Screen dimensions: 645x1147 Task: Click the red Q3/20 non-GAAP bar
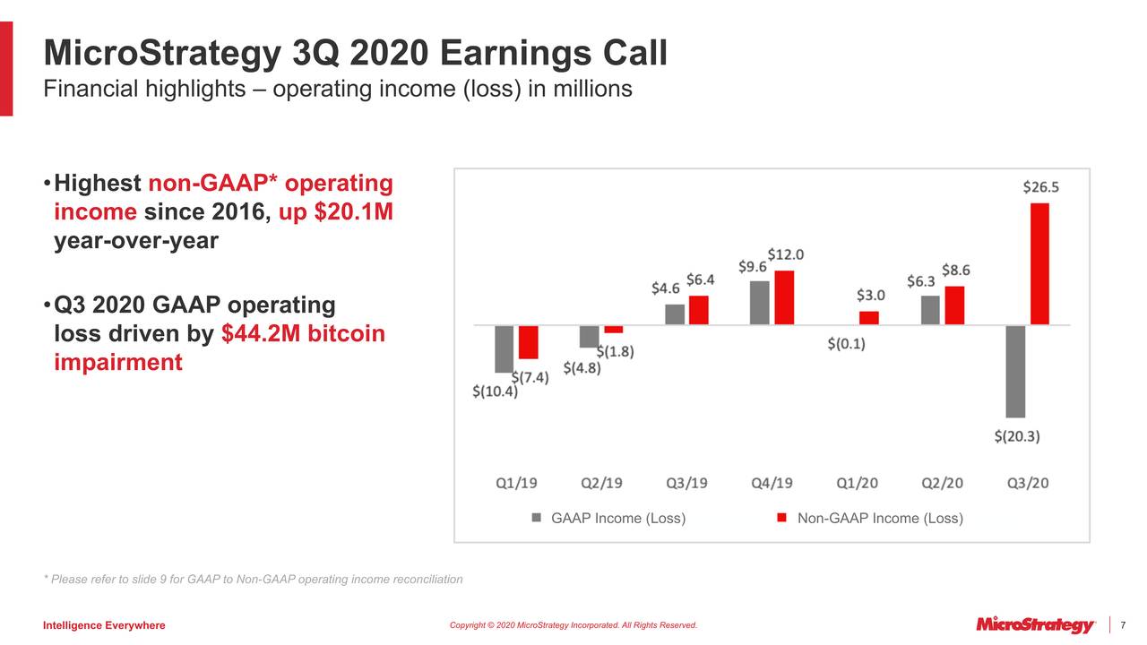pyautogui.click(x=1039, y=263)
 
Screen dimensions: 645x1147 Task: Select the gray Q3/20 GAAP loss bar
pyautogui.click(x=1015, y=371)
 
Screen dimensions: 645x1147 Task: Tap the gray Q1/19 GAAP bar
pyautogui.click(x=505, y=348)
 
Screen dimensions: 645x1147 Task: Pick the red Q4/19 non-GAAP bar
pyautogui.click(x=784, y=297)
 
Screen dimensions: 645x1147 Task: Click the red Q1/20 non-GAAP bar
pyautogui.click(x=869, y=318)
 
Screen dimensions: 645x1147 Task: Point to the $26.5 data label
pyautogui.click(x=1040, y=187)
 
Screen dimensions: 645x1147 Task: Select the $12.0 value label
pyautogui.click(x=785, y=254)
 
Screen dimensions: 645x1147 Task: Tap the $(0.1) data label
pyautogui.click(x=846, y=343)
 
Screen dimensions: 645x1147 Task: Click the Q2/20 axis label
pyautogui.click(x=943, y=484)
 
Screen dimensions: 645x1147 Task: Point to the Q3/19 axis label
pyautogui.click(x=686, y=484)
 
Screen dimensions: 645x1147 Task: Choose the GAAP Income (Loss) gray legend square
pyautogui.click(x=538, y=518)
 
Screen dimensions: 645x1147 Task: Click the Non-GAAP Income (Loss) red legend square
pyautogui.click(x=781, y=518)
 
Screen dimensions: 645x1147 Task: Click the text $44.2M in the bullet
pyautogui.click(x=260, y=334)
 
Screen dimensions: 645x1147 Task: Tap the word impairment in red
pyautogui.click(x=118, y=363)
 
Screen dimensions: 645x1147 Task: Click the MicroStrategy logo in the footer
pyautogui.click(x=1036, y=624)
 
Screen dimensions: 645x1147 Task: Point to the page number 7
pyautogui.click(x=1123, y=624)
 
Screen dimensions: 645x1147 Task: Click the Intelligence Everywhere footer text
pyautogui.click(x=104, y=625)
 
